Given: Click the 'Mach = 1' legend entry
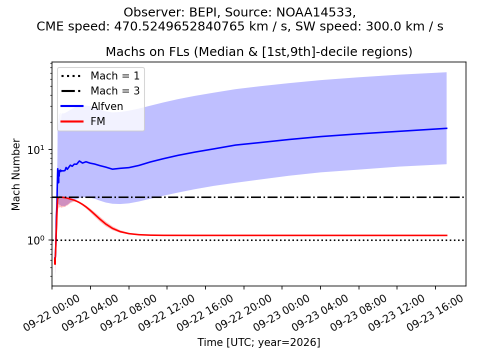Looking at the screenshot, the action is click(x=100, y=75).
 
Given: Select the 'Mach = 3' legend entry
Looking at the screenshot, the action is click(x=100, y=90).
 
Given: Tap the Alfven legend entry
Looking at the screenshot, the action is click(x=92, y=106).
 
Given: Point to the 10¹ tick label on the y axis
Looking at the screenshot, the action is click(x=35, y=149).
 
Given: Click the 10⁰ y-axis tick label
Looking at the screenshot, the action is click(x=35, y=240).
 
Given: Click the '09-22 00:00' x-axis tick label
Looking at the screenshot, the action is click(x=51, y=313).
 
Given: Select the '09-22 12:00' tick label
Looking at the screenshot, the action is click(x=166, y=313).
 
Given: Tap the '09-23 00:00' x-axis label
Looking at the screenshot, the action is click(x=281, y=313).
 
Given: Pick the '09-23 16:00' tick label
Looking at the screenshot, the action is click(x=434, y=313).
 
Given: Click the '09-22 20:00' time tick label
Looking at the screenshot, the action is click(x=243, y=313).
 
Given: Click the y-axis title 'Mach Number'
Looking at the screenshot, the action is click(x=15, y=174).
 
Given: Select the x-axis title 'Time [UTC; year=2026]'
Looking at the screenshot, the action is click(x=258, y=342).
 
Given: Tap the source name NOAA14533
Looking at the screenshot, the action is click(x=315, y=12).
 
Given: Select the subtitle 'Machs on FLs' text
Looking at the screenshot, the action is click(x=147, y=51).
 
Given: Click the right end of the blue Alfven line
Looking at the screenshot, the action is click(x=447, y=128).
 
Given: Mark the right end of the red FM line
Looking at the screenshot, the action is click(x=447, y=235).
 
